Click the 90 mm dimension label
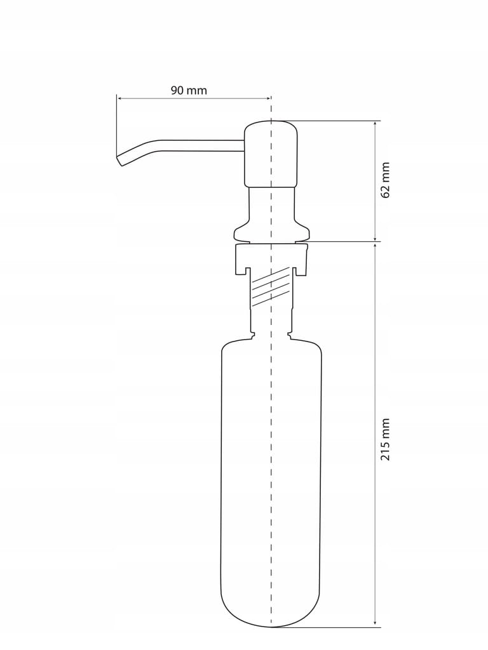click(x=189, y=91)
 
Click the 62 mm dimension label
click(x=386, y=180)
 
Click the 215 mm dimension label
click(x=386, y=439)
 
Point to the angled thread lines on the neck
click(x=271, y=287)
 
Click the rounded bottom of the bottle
click(x=271, y=613)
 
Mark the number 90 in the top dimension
click(x=177, y=91)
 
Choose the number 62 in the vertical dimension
click(x=386, y=190)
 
